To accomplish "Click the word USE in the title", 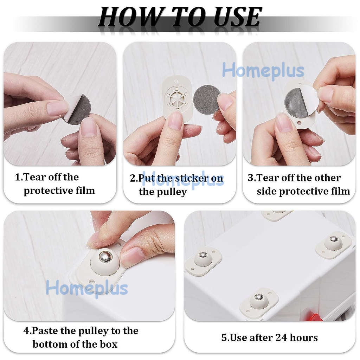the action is [x=238, y=17].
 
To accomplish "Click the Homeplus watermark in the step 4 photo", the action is [x=87, y=288].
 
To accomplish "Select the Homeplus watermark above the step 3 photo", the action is [x=263, y=71].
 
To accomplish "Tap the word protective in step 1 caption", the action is [x=47, y=191].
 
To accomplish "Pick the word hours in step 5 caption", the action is [x=304, y=337].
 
